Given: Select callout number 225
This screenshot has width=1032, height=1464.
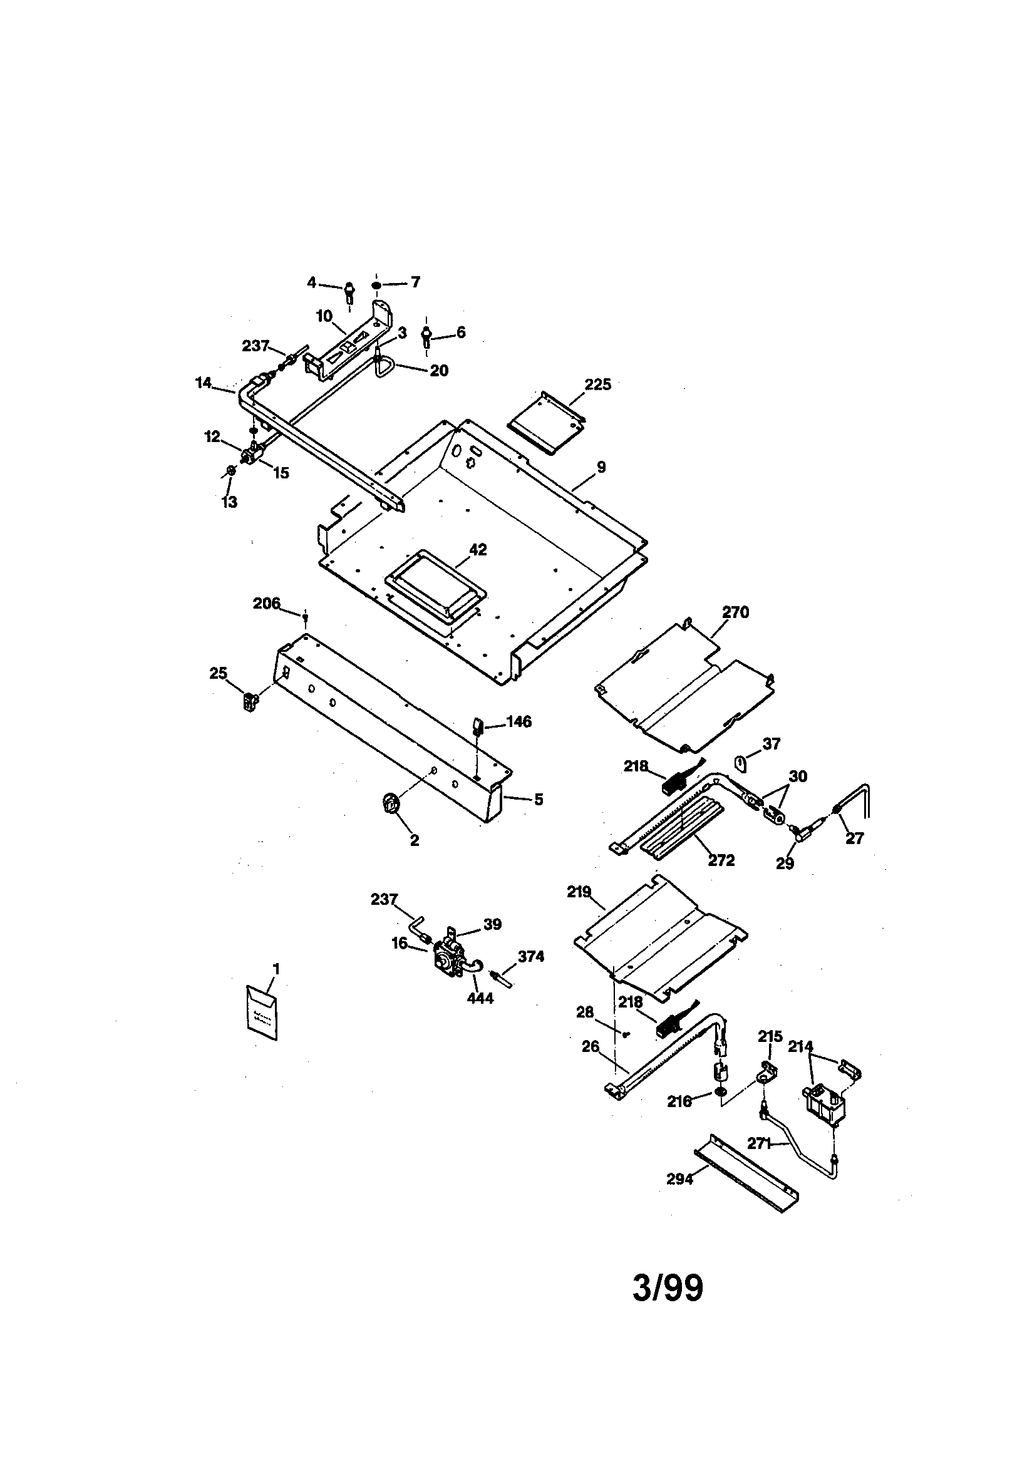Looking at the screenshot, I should click(x=597, y=384).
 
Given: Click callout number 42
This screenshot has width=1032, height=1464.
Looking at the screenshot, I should click(x=478, y=550).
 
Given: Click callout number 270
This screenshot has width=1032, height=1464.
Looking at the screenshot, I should click(x=735, y=613).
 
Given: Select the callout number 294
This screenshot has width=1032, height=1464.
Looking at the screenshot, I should click(x=679, y=1179).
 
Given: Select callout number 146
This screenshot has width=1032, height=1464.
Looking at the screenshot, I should click(x=519, y=722).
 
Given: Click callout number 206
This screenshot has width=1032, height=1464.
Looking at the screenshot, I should click(x=267, y=603).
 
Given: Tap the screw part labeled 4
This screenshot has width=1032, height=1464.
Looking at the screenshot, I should click(x=349, y=292).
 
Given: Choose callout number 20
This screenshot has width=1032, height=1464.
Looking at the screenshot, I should click(x=439, y=371).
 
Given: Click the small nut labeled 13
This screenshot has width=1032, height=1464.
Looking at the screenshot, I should click(x=232, y=472).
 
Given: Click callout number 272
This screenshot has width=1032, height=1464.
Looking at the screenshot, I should click(x=721, y=860).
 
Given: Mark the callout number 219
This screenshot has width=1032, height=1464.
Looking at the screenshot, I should click(x=579, y=892).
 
